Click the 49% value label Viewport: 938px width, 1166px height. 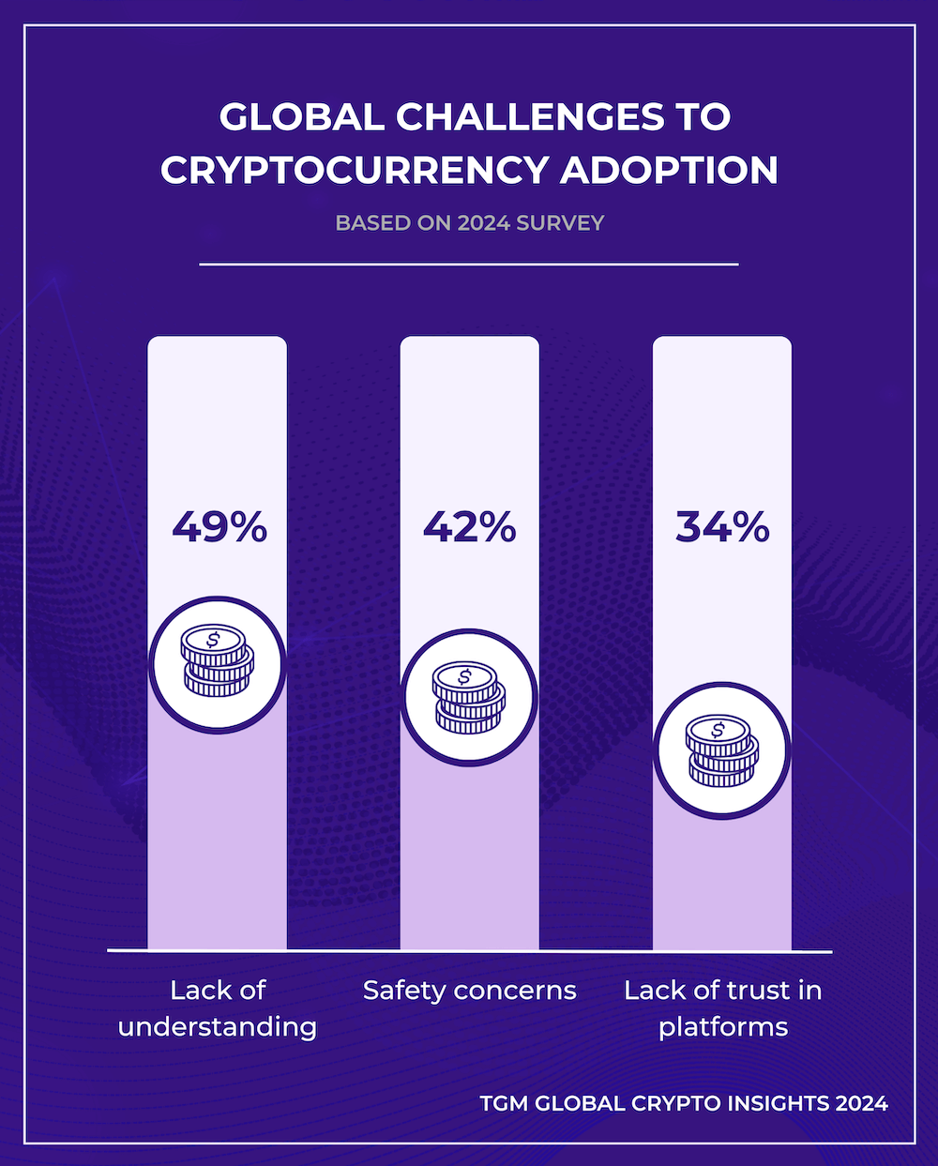click(219, 528)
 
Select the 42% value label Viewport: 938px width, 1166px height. click(469, 528)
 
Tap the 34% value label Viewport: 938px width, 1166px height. click(722, 528)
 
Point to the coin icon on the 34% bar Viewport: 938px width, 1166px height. click(722, 750)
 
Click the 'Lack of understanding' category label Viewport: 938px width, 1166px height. click(218, 1008)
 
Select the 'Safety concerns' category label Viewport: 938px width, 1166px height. click(469, 991)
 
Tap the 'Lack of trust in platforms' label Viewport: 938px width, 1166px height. click(722, 1008)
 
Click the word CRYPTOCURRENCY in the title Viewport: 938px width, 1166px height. click(355, 171)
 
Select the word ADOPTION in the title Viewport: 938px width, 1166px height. click(669, 171)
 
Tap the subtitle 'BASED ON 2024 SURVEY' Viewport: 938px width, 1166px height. click(469, 223)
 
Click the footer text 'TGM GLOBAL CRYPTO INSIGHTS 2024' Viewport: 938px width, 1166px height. click(684, 1103)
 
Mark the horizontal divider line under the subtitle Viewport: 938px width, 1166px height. click(469, 265)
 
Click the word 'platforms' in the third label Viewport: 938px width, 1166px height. click(723, 1027)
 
